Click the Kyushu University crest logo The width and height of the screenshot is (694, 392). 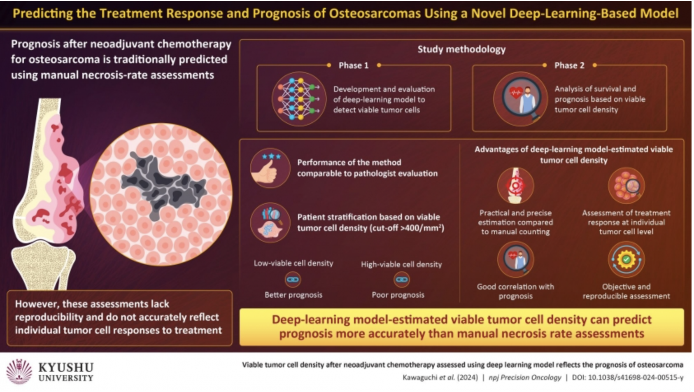pyautogui.click(x=19, y=372)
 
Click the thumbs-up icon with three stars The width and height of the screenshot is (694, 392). pyautogui.click(x=270, y=168)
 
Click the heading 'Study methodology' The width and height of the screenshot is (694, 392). pyautogui.click(x=461, y=49)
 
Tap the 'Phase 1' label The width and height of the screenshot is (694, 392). pyautogui.click(x=353, y=65)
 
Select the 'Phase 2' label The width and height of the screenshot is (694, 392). pyautogui.click(x=569, y=65)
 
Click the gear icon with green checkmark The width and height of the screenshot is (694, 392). pyautogui.click(x=626, y=259)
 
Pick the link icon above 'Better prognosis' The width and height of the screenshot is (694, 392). pyautogui.click(x=293, y=280)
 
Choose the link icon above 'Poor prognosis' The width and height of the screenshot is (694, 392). pyautogui.click(x=401, y=280)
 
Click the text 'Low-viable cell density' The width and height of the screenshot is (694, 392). pyautogui.click(x=293, y=263)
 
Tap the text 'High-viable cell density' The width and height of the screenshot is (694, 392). pyautogui.click(x=401, y=264)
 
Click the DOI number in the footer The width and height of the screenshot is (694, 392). pyautogui.click(x=636, y=377)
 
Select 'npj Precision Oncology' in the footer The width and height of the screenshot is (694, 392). pyautogui.click(x=524, y=377)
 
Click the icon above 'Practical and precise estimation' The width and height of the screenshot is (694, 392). pyautogui.click(x=515, y=185)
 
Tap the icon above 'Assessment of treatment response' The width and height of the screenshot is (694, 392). pyautogui.click(x=626, y=185)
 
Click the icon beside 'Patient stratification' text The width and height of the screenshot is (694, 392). pyautogui.click(x=270, y=222)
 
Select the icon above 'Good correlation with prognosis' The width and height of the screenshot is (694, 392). pyautogui.click(x=515, y=259)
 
